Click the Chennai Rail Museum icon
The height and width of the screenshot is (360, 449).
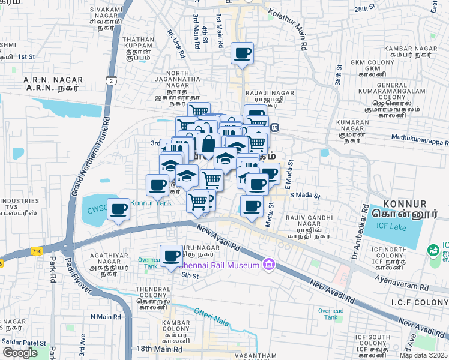click(x=268, y=265)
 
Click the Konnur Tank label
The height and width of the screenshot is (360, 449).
click(x=151, y=203)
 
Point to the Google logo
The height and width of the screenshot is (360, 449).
click(x=20, y=353)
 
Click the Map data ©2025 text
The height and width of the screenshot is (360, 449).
click(x=423, y=355)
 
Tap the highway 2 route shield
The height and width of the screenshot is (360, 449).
click(x=112, y=80)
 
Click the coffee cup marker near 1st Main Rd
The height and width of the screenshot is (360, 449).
click(x=242, y=53)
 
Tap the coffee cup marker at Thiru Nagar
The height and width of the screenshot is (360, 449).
click(x=172, y=256)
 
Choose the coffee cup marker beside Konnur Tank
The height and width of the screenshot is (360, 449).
click(x=118, y=209)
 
